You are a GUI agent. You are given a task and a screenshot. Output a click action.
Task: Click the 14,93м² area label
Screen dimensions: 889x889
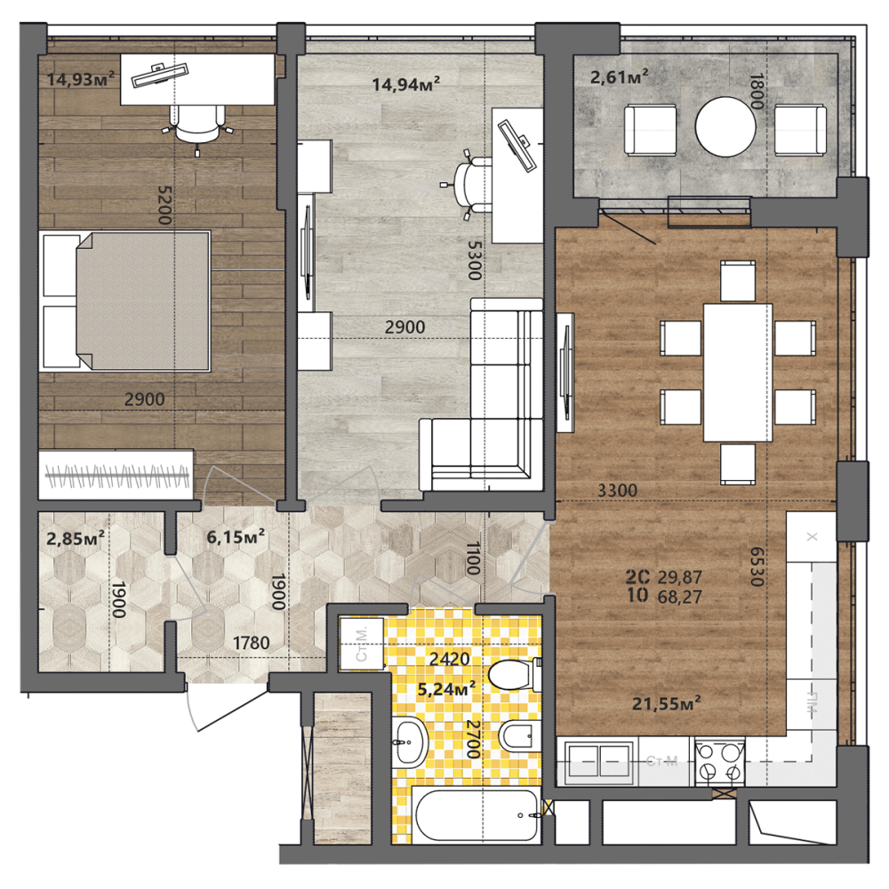coord(81,79)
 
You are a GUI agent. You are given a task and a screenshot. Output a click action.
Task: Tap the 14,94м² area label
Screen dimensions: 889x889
coord(406,84)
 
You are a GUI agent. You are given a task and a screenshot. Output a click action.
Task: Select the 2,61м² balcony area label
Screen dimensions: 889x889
coord(619,76)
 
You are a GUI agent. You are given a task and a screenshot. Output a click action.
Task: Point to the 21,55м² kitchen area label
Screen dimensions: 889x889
coord(666,703)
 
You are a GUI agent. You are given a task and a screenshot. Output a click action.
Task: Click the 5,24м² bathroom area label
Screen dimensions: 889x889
coord(446,689)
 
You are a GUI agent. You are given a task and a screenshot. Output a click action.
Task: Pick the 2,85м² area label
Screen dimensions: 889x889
coord(75,538)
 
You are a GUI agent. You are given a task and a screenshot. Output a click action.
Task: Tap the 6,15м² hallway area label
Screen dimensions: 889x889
coord(236,536)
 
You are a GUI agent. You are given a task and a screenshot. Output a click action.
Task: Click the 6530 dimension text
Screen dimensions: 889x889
coord(757,566)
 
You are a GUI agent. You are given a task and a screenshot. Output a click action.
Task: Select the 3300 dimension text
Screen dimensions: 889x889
coord(618,491)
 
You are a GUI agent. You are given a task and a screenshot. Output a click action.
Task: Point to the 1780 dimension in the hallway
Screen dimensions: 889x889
coord(252,643)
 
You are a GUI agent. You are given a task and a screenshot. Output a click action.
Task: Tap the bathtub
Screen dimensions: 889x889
coord(477,815)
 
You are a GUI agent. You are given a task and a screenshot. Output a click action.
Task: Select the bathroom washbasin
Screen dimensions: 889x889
coord(410,742)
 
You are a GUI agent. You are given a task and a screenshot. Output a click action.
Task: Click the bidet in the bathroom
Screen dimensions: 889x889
coord(519,736)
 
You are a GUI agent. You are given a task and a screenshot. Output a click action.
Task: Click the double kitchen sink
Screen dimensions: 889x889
coord(598,761)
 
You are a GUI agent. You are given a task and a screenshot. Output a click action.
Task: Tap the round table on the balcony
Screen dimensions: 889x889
coord(725,126)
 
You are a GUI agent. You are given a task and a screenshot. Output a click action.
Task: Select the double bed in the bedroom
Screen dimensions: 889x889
coord(124,300)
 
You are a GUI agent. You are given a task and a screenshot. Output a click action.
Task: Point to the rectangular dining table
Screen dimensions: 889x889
coord(738,372)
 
